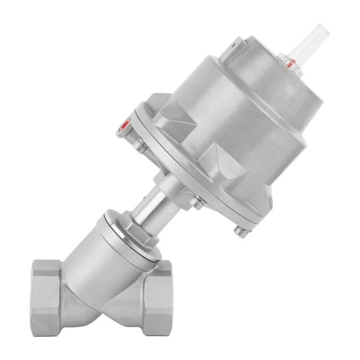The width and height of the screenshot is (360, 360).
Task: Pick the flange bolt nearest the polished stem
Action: coord(195,204)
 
